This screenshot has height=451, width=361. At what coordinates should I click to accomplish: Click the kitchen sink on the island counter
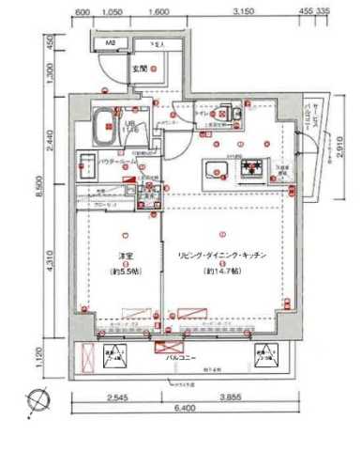[218, 171]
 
